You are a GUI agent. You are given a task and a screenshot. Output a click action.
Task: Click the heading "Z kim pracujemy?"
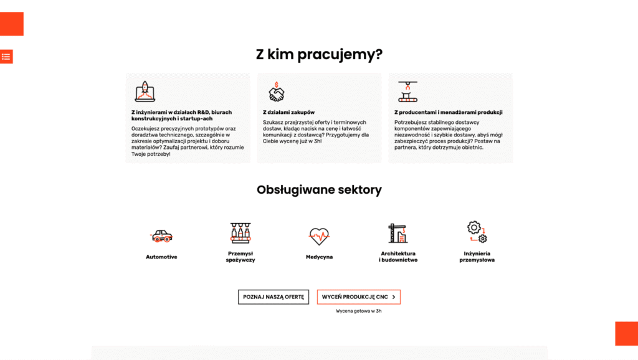click(319, 54)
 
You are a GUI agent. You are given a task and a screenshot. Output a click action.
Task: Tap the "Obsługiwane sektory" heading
click(319, 189)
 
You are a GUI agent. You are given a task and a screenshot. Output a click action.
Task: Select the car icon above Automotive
click(161, 235)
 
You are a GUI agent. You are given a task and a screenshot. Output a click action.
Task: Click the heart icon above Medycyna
click(319, 235)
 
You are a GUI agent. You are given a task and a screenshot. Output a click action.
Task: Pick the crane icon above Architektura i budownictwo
click(398, 233)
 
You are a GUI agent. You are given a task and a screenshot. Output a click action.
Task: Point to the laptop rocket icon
click(145, 92)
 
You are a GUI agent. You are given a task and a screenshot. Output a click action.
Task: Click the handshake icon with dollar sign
click(276, 92)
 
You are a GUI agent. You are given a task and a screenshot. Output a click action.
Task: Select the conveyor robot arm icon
click(408, 92)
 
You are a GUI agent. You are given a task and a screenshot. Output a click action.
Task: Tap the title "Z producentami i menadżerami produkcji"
click(448, 112)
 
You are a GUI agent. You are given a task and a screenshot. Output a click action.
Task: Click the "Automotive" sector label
click(161, 257)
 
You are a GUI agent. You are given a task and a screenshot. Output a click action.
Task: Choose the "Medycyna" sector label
click(319, 257)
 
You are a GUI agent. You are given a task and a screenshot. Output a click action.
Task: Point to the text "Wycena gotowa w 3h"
click(358, 311)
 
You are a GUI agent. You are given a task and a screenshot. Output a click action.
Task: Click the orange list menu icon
click(6, 57)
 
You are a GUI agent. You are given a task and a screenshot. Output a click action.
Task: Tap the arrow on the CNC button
click(394, 297)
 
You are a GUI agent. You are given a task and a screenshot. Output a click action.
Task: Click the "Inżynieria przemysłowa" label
click(477, 257)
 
